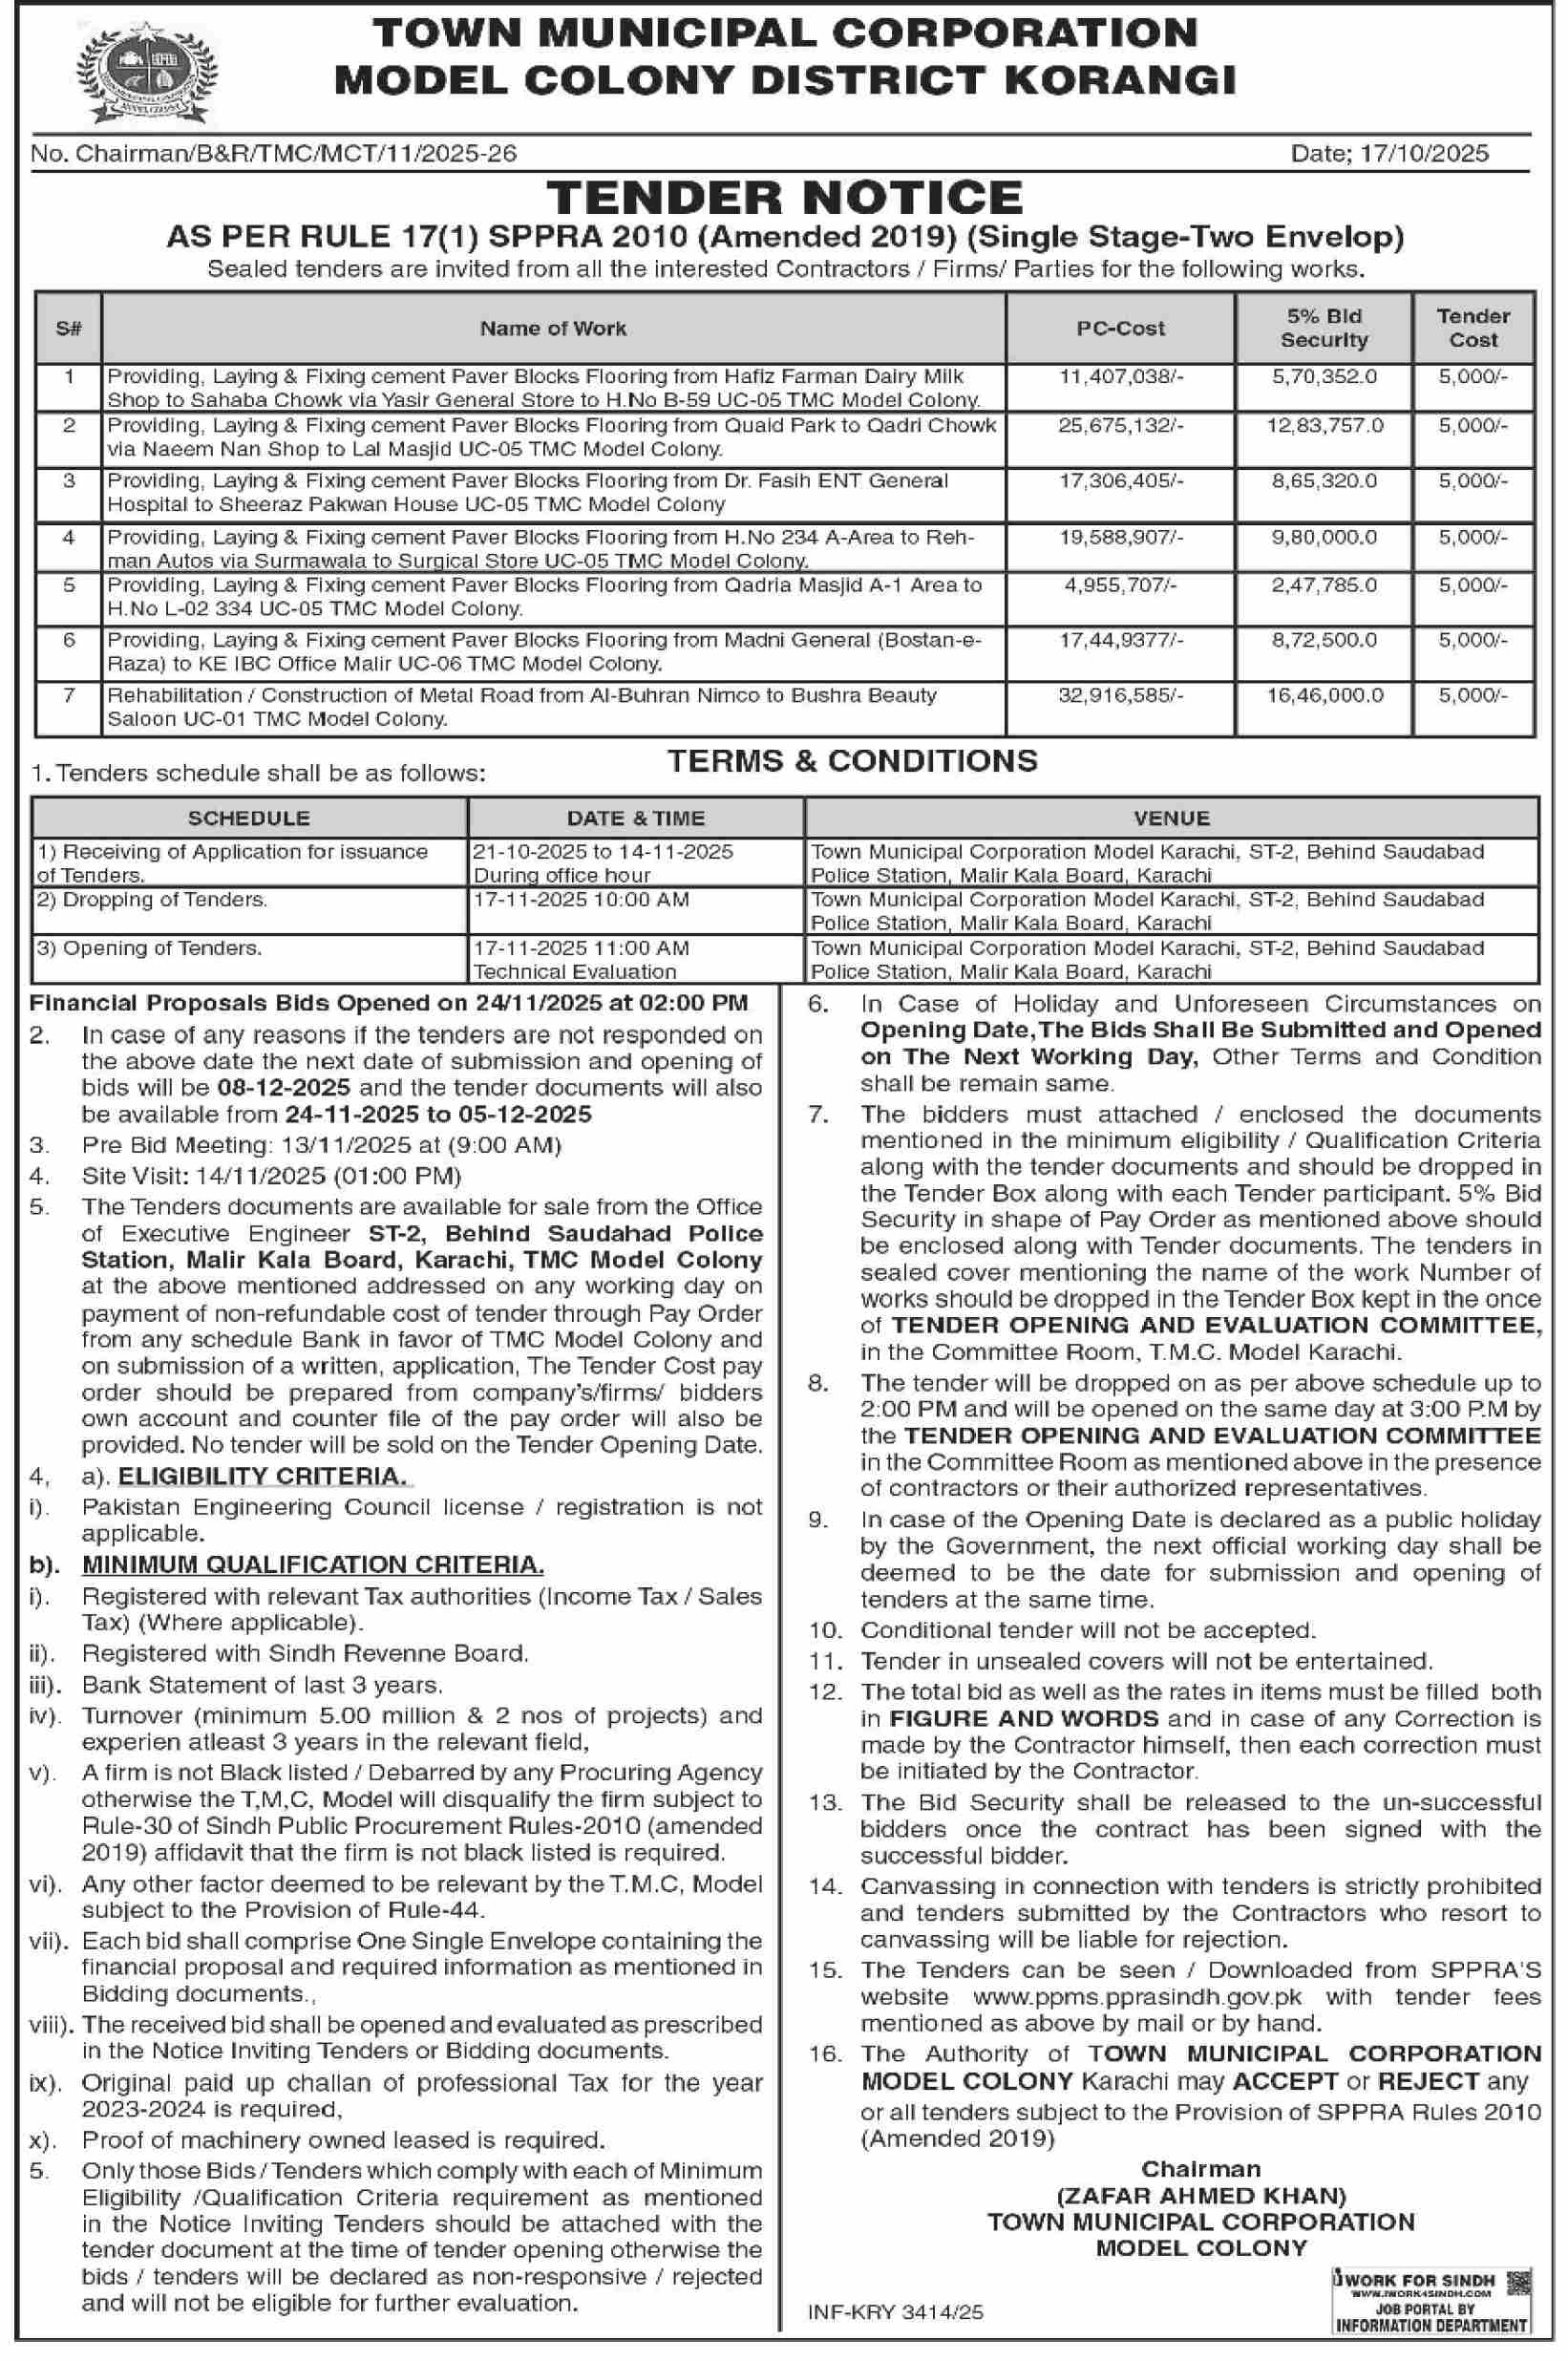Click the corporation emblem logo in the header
pyautogui.click(x=146, y=72)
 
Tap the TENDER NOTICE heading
pyautogui.click(x=784, y=196)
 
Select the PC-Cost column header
pyautogui.click(x=1120, y=328)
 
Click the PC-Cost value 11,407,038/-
pyautogui.click(x=1120, y=377)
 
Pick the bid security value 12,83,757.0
pyautogui.click(x=1324, y=426)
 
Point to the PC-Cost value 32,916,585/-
pyautogui.click(x=1120, y=695)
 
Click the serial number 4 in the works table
pyautogui.click(x=69, y=538)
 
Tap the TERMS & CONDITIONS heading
pyautogui.click(x=852, y=761)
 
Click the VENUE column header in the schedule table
pyautogui.click(x=1171, y=818)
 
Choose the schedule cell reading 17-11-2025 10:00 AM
pyautogui.click(x=581, y=899)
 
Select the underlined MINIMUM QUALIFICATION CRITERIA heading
pyautogui.click(x=313, y=1565)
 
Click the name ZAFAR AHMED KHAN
pyautogui.click(x=1201, y=2196)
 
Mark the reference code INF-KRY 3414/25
pyautogui.click(x=896, y=2312)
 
